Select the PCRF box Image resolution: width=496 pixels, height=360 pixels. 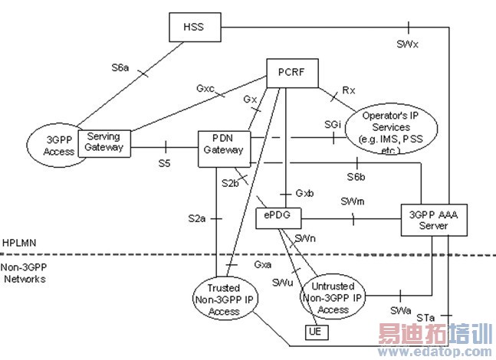pyautogui.click(x=285, y=74)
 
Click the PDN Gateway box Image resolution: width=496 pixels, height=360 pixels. pyautogui.click(x=222, y=144)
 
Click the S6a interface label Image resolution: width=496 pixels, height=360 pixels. pyautogui.click(x=120, y=67)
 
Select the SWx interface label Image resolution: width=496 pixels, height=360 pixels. pyautogui.click(x=408, y=44)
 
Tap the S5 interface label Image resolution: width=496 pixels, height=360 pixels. pyautogui.click(x=165, y=162)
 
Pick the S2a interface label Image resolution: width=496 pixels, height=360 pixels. pyautogui.click(x=197, y=218)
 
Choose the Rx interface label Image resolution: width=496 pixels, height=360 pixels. pyautogui.click(x=349, y=90)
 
